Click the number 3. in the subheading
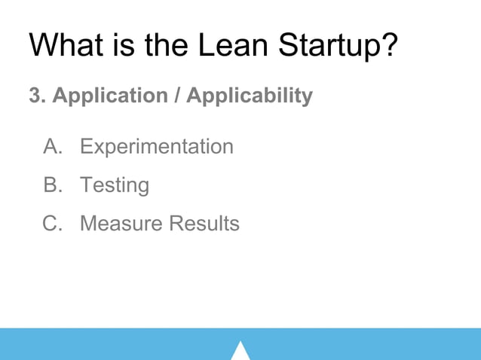[35, 96]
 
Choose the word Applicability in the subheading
[249, 96]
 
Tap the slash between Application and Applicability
[179, 96]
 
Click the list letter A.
[52, 146]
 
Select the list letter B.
[52, 185]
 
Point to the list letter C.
[52, 224]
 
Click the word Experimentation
[157, 146]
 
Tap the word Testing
[115, 185]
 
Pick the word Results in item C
[204, 224]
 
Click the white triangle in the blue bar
[240, 352]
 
